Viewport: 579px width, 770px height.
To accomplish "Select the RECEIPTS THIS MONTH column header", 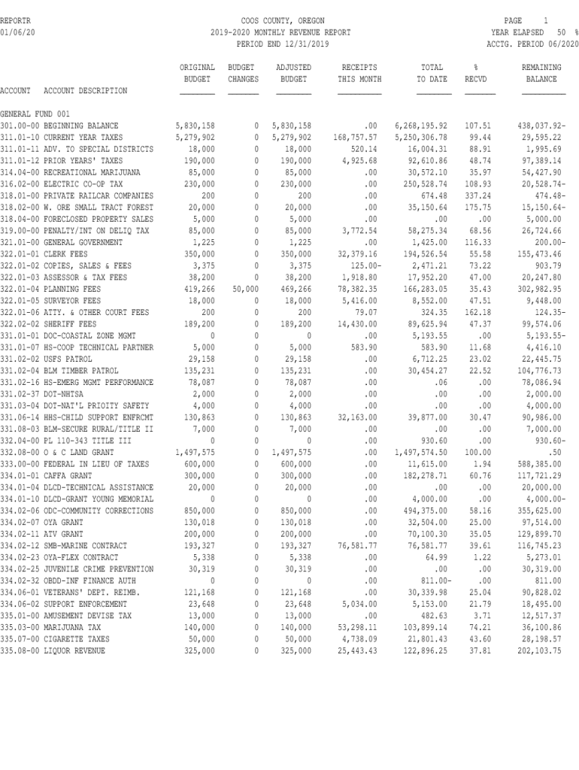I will (x=359, y=73).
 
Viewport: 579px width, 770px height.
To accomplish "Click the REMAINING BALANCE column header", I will (x=541, y=73).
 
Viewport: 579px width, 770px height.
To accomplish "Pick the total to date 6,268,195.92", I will (x=421, y=125).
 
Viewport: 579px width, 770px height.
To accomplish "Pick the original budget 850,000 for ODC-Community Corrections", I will (x=198, y=510).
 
